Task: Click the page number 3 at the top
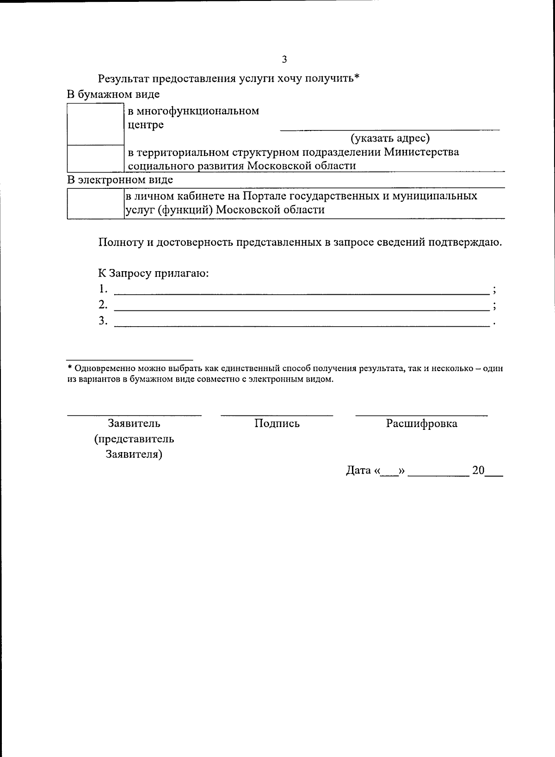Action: click(x=284, y=59)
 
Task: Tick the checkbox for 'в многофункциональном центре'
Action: click(x=95, y=124)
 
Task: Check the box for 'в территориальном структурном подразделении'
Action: click(x=95, y=159)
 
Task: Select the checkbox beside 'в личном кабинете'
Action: click(x=95, y=204)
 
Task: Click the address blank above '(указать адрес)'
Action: click(x=390, y=128)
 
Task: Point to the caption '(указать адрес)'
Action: click(x=390, y=138)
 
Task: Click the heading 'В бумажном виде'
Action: click(x=113, y=94)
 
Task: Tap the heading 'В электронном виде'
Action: click(x=120, y=180)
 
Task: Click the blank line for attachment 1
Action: click(x=302, y=292)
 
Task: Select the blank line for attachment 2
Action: click(x=302, y=307)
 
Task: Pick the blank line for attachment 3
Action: click(x=302, y=323)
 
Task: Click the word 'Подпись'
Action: click(x=277, y=424)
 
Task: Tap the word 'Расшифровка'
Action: click(x=421, y=423)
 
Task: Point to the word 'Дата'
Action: click(x=358, y=471)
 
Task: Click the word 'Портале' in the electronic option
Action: click(x=265, y=196)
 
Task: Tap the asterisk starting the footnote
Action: click(x=70, y=368)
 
